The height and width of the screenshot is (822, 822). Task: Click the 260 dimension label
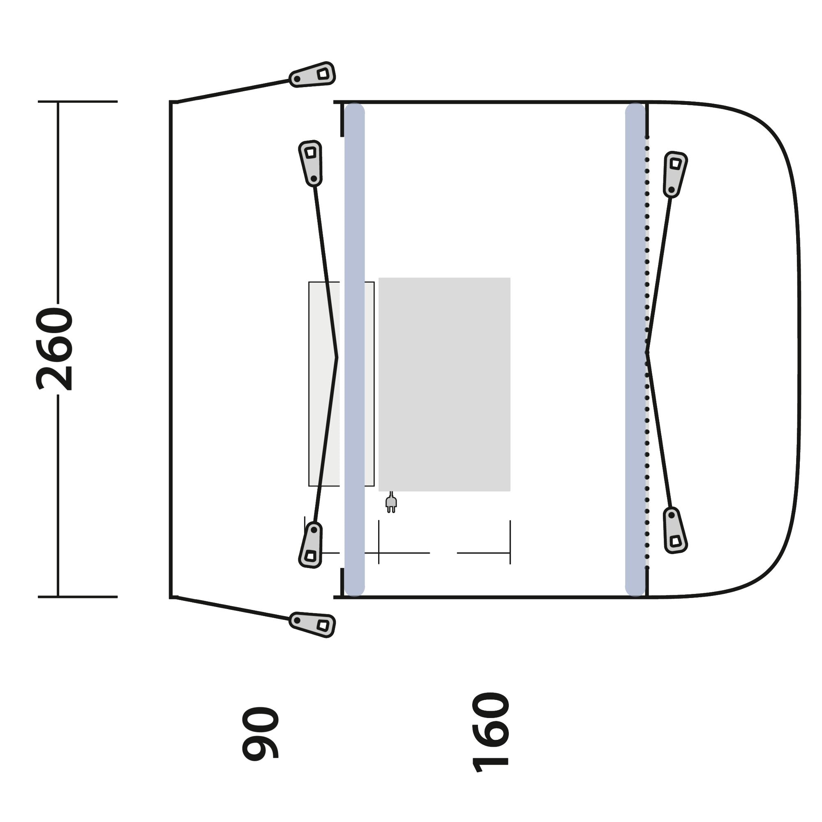point(55,349)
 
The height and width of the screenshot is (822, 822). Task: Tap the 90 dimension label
point(261,733)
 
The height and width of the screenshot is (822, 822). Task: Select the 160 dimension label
point(491,732)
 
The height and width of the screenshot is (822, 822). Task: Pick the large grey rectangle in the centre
point(444,384)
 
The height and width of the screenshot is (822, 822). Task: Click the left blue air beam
point(354,349)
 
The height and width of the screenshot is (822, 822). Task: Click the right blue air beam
point(635,349)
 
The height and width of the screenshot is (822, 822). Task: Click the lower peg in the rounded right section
point(674,531)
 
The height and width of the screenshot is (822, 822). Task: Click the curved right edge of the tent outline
point(799,349)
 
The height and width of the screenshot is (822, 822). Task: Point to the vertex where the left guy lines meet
point(337,358)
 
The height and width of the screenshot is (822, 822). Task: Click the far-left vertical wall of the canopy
point(171,349)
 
